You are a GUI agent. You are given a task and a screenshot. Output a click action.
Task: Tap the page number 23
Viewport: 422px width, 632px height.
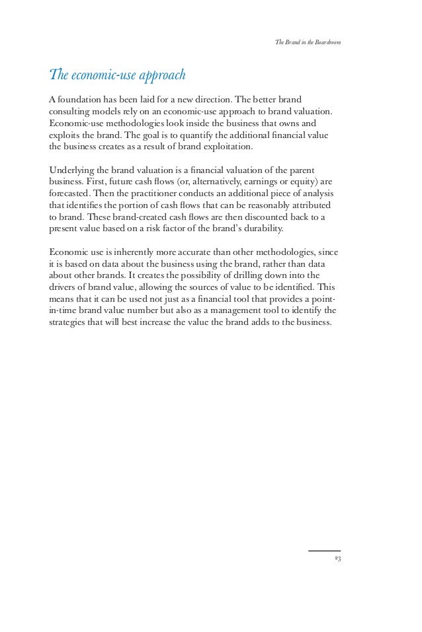(337, 559)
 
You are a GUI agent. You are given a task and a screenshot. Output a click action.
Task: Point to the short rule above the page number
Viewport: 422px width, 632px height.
(324, 551)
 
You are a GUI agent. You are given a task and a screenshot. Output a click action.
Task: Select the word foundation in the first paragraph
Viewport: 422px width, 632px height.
(84, 100)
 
